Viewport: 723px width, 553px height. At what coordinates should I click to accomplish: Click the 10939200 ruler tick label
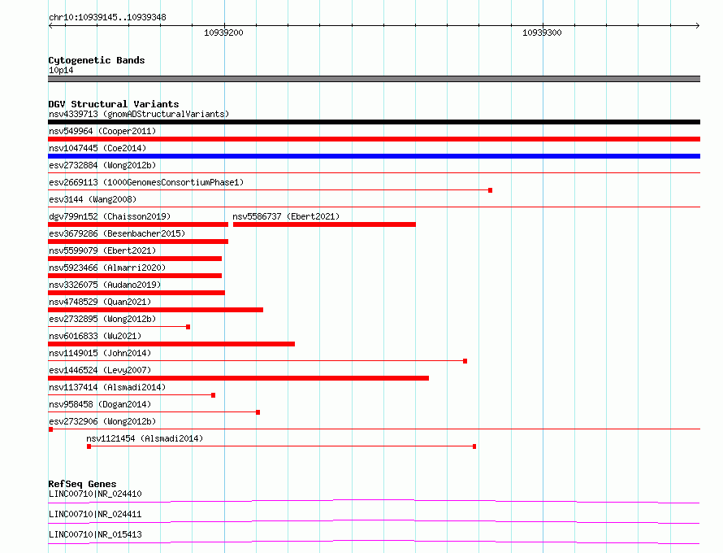click(x=223, y=33)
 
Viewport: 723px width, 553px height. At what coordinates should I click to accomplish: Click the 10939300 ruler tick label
click(x=542, y=33)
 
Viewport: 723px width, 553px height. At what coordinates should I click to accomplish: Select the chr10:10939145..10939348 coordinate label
click(x=108, y=17)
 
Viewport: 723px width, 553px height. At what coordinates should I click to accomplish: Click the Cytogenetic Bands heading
click(x=96, y=60)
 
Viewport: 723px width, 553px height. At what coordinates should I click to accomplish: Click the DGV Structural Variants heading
click(x=113, y=104)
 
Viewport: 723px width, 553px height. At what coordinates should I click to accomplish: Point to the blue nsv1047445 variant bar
click(x=374, y=156)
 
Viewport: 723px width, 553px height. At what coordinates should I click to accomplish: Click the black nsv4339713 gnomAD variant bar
click(x=374, y=122)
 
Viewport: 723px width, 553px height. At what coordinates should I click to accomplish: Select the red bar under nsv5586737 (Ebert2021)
click(x=324, y=224)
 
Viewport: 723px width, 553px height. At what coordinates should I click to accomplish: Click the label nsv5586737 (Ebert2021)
click(x=286, y=216)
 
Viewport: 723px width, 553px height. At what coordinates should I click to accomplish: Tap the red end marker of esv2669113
click(x=490, y=190)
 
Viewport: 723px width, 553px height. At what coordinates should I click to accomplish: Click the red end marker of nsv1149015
click(x=465, y=361)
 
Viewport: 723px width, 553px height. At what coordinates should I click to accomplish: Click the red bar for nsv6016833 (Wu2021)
click(x=171, y=344)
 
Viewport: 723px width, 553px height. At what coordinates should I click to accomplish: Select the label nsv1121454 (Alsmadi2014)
click(x=145, y=438)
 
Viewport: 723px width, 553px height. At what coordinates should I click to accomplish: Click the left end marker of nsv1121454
click(x=89, y=446)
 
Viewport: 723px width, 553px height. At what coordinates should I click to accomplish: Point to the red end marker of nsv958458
click(x=258, y=412)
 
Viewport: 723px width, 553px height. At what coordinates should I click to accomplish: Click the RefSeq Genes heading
click(x=82, y=484)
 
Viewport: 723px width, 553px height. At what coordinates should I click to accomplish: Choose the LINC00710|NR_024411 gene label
click(x=95, y=514)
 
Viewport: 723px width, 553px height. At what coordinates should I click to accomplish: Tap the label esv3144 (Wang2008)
click(x=93, y=199)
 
